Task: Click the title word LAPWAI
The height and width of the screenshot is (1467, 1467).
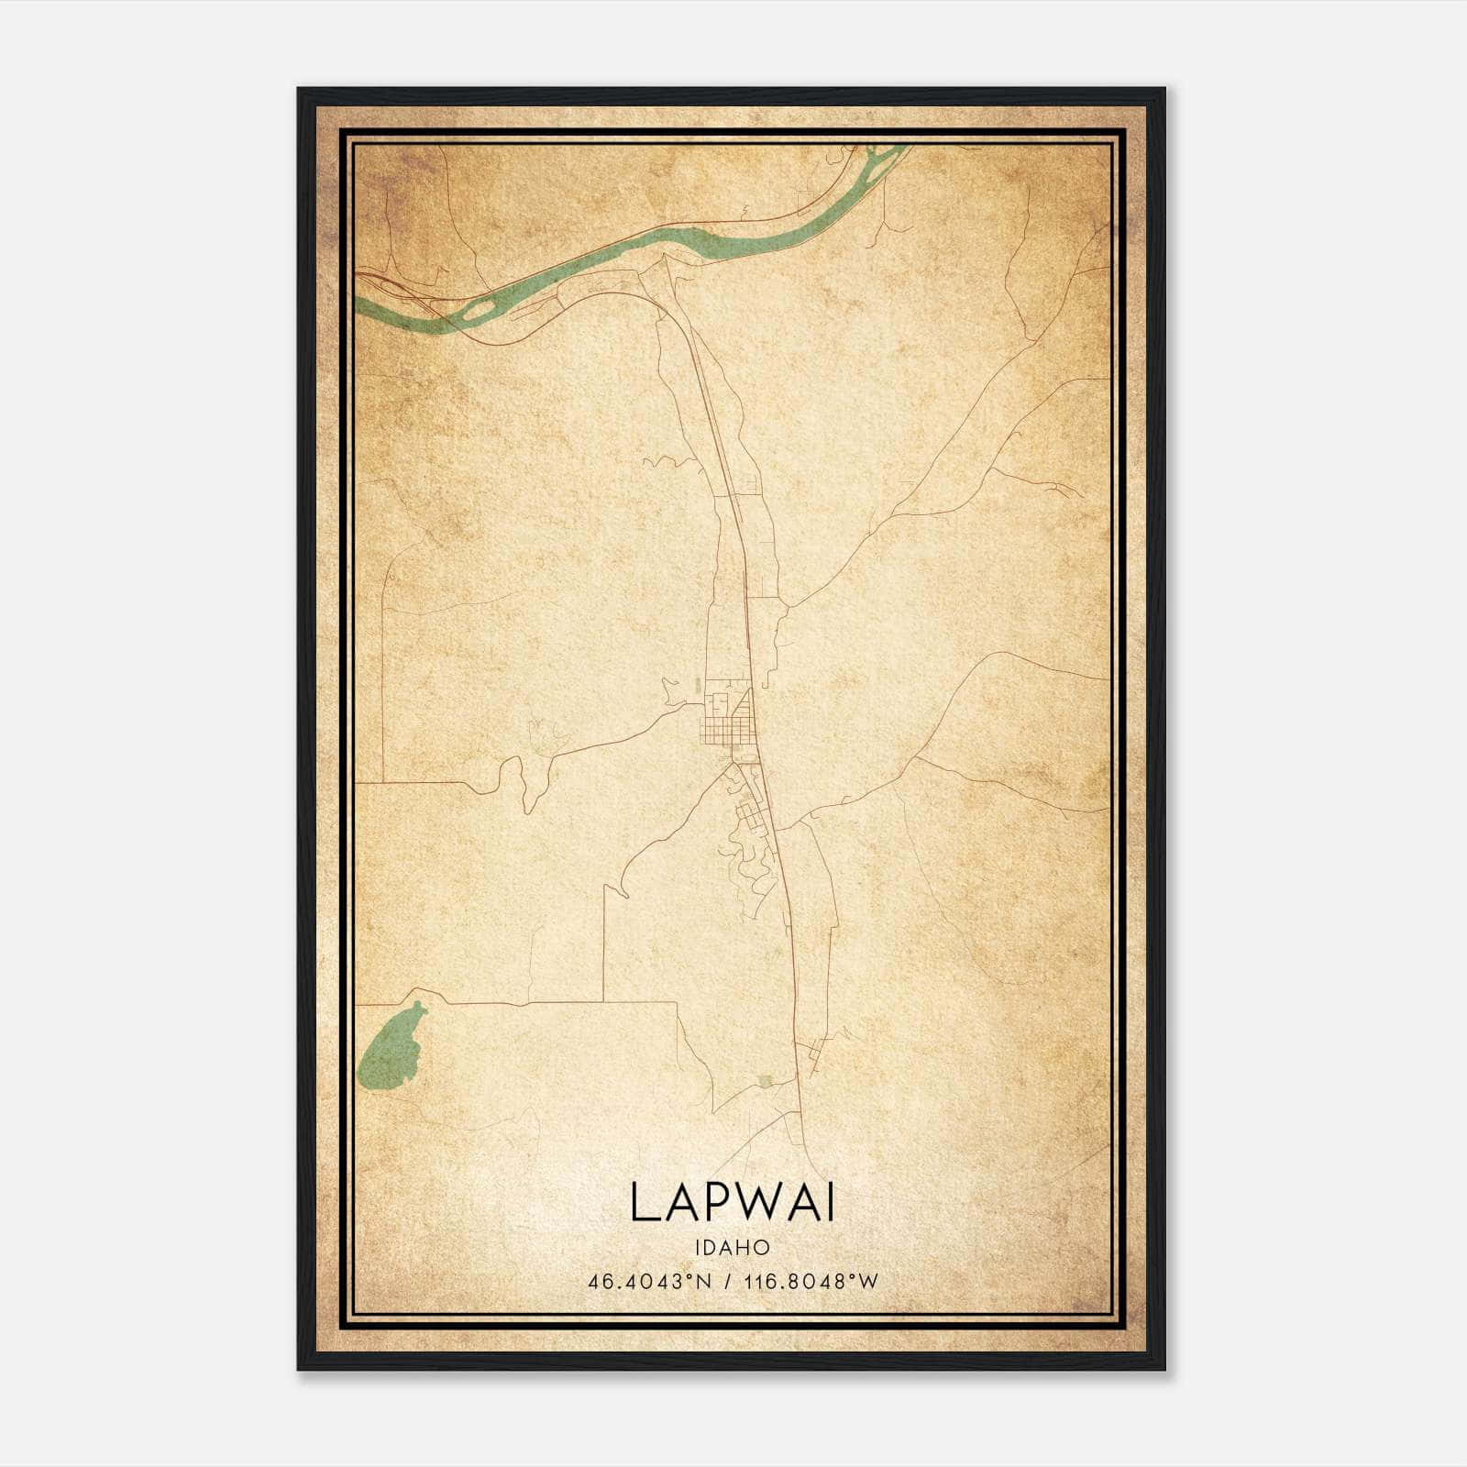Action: [x=732, y=1202]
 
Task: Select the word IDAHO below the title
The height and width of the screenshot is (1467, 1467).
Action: [x=732, y=1248]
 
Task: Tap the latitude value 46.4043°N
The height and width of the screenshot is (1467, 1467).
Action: [x=650, y=1282]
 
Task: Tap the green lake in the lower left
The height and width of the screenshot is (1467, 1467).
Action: [x=392, y=1048]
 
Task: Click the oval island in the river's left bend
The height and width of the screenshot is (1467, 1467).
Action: [x=477, y=313]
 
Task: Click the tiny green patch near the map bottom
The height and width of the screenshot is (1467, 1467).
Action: [x=767, y=1082]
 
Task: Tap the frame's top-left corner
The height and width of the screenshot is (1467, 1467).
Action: [x=300, y=90]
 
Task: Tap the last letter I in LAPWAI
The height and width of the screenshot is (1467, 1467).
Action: [x=830, y=1202]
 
